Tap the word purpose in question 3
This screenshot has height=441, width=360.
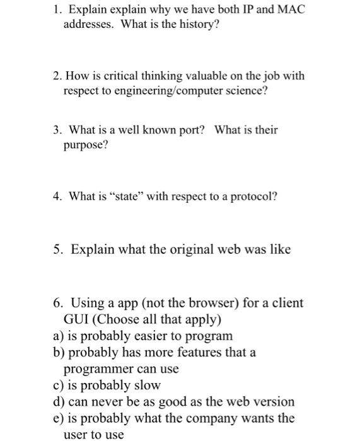click(x=84, y=146)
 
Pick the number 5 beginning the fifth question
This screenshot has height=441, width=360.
click(x=57, y=249)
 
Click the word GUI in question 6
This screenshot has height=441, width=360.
click(x=76, y=319)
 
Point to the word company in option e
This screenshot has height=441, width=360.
click(x=218, y=417)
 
